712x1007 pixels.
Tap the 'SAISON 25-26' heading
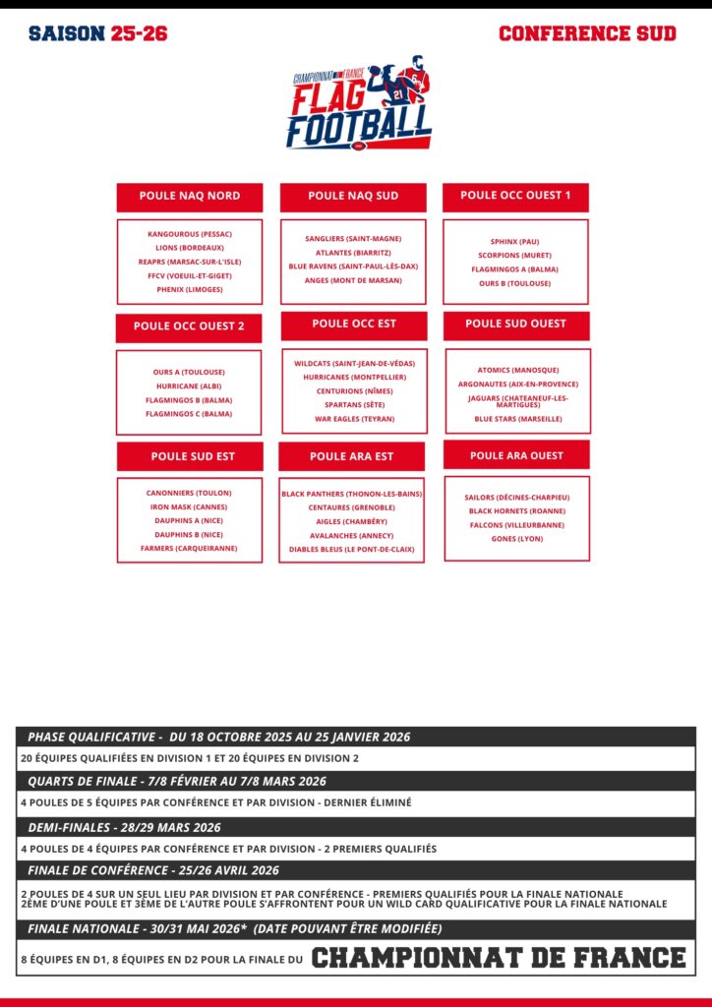point(98,33)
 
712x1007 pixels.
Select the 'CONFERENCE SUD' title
point(587,33)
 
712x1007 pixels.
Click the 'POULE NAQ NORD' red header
point(190,196)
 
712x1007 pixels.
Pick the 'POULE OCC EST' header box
point(354,325)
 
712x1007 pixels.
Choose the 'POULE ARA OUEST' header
point(516,455)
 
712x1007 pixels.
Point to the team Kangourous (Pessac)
point(190,235)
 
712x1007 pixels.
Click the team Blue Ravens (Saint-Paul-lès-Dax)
point(353,267)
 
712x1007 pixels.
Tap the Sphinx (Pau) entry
point(515,242)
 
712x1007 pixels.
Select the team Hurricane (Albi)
point(189,385)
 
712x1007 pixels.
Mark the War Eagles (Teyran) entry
point(354,419)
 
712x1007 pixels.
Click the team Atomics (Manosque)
point(518,370)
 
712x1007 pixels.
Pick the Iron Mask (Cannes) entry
point(190,506)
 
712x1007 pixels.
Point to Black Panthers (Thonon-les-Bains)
point(352,494)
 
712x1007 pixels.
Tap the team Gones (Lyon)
point(517,539)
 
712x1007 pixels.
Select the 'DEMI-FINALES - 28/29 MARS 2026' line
point(125,827)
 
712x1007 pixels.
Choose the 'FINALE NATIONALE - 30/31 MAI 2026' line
point(235,928)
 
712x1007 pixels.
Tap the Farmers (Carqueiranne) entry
point(190,548)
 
